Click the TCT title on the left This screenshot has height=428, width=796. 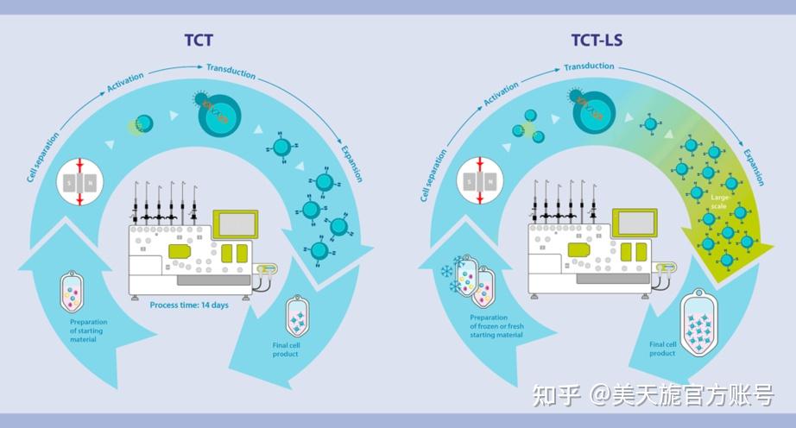[199, 40]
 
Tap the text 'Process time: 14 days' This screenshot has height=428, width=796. [189, 305]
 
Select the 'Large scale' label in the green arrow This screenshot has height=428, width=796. [719, 202]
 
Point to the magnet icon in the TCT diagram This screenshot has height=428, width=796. [80, 182]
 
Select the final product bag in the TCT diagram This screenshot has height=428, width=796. [297, 318]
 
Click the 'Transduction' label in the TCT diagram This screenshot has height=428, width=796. [231, 71]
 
